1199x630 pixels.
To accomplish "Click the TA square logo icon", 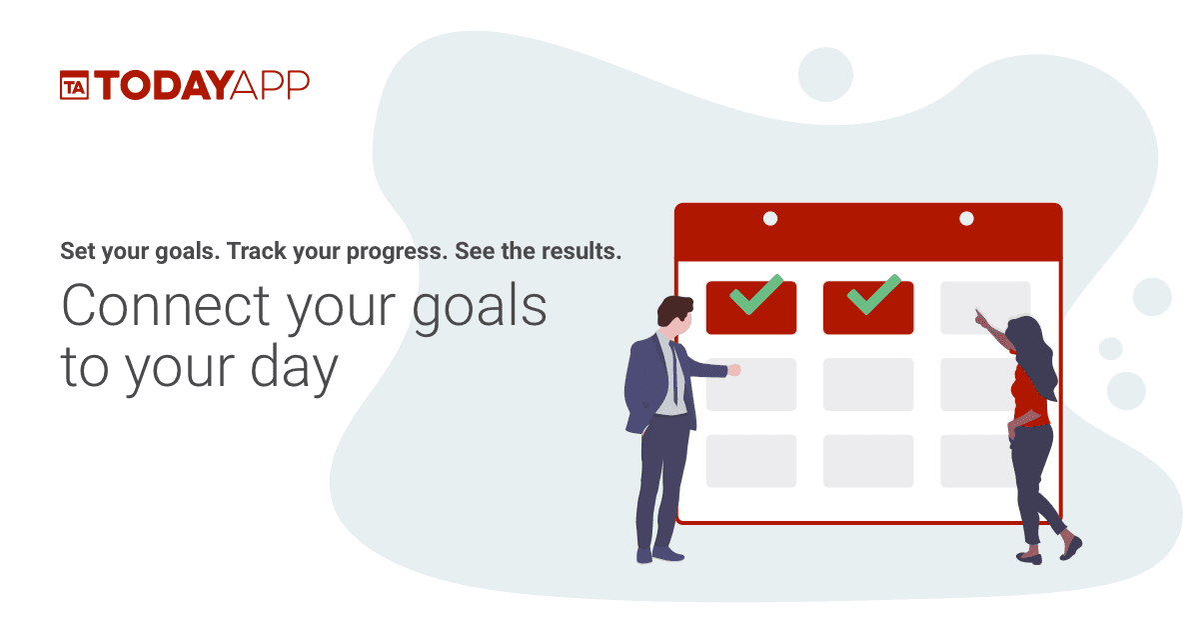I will point(74,86).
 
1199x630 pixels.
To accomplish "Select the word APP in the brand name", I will point(270,86).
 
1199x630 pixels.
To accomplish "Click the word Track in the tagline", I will point(254,251).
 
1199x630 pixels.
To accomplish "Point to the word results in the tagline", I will point(582,251).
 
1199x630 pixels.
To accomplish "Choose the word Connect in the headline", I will point(165,306).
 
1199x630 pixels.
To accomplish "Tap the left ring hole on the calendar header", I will point(769,218).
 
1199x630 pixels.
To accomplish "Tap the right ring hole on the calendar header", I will point(966,218).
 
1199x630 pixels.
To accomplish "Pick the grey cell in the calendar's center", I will point(867,384).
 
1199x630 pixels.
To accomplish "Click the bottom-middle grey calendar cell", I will point(867,461).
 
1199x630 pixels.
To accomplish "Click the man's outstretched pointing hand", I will point(734,370).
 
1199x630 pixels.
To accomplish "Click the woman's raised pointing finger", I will point(979,313).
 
